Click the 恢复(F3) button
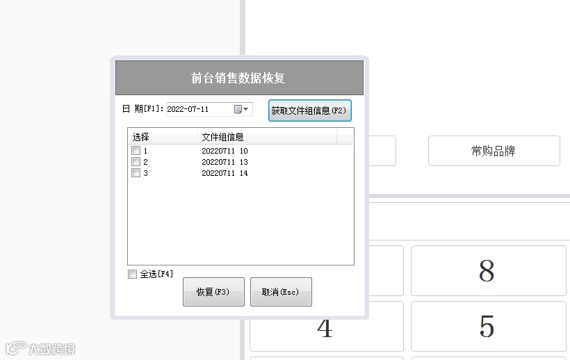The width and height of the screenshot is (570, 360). [x=213, y=292]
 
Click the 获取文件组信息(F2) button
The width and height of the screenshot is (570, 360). [x=309, y=111]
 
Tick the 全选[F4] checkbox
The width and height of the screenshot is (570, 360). [x=133, y=275]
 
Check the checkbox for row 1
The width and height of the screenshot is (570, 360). [x=136, y=151]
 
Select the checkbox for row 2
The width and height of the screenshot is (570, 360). [x=136, y=162]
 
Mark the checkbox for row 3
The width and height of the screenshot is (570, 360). [x=136, y=173]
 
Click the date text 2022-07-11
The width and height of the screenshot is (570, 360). [x=188, y=109]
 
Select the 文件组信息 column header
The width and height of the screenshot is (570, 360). [x=222, y=137]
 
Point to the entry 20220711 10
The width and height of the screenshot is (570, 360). [x=225, y=151]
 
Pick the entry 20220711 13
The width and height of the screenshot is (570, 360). [x=225, y=162]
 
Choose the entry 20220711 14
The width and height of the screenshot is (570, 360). [x=225, y=173]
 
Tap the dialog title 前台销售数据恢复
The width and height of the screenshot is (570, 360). [x=239, y=78]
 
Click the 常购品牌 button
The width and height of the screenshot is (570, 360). [x=494, y=151]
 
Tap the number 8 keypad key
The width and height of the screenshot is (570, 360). [x=487, y=271]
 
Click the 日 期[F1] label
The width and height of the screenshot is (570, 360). [x=142, y=109]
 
